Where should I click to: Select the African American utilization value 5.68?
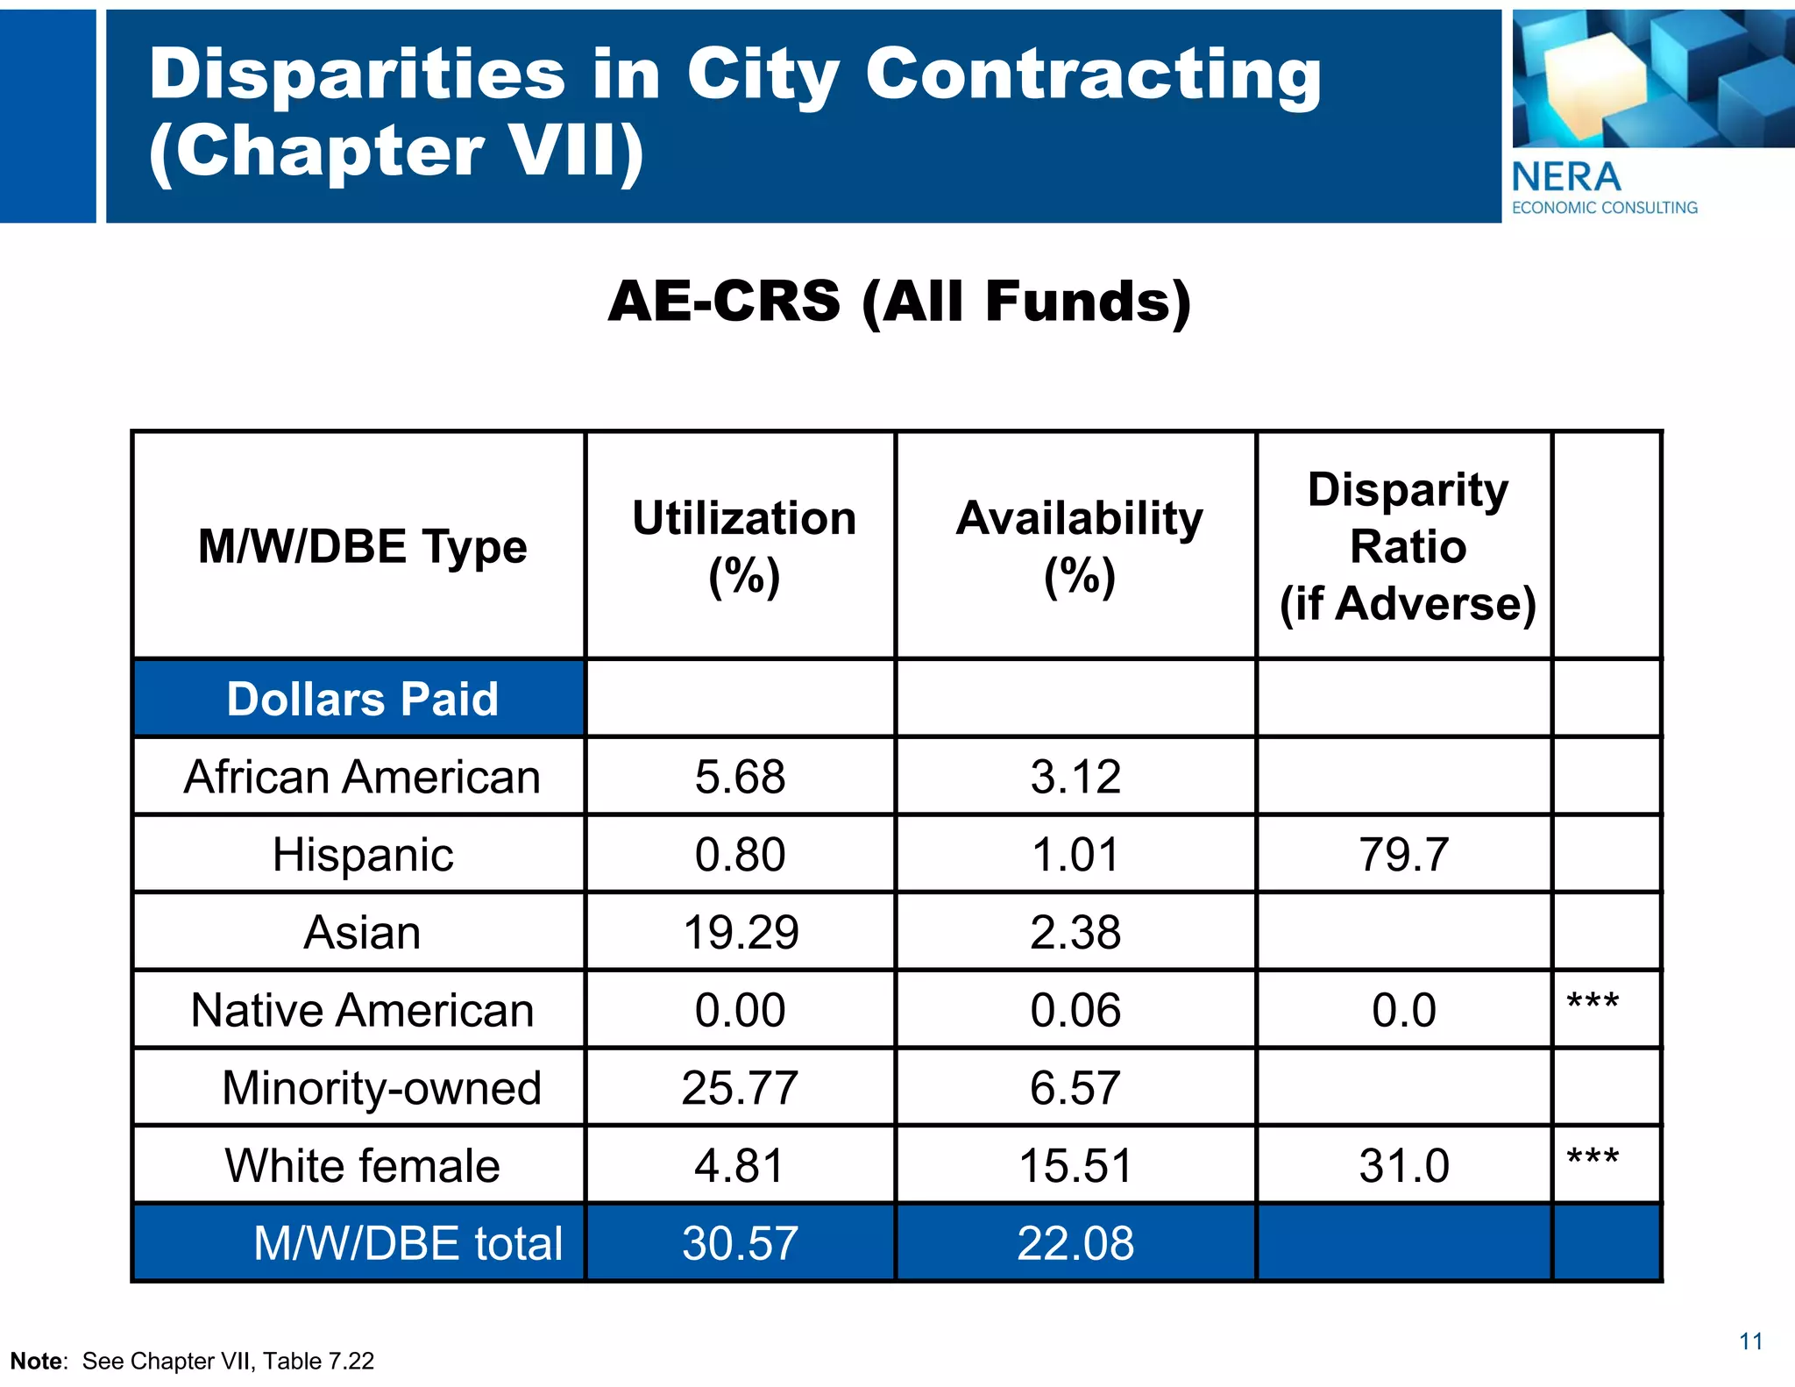[x=740, y=777]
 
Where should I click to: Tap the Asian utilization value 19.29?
[x=740, y=932]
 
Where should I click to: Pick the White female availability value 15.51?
[x=1075, y=1166]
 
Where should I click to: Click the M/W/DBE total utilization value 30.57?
[x=740, y=1243]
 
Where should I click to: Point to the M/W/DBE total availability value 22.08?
[x=1075, y=1243]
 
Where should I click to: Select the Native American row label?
[x=362, y=1010]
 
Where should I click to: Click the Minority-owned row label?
[x=381, y=1088]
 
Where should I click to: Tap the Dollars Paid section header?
[x=362, y=699]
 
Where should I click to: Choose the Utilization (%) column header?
[x=743, y=546]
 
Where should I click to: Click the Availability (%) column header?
[x=1079, y=546]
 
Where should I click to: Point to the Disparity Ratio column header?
[x=1408, y=546]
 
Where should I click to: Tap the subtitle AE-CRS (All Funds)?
[x=899, y=302]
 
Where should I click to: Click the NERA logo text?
[x=1566, y=178]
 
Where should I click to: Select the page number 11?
[x=1750, y=1341]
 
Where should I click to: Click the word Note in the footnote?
[x=37, y=1361]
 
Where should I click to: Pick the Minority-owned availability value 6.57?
[x=1075, y=1088]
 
